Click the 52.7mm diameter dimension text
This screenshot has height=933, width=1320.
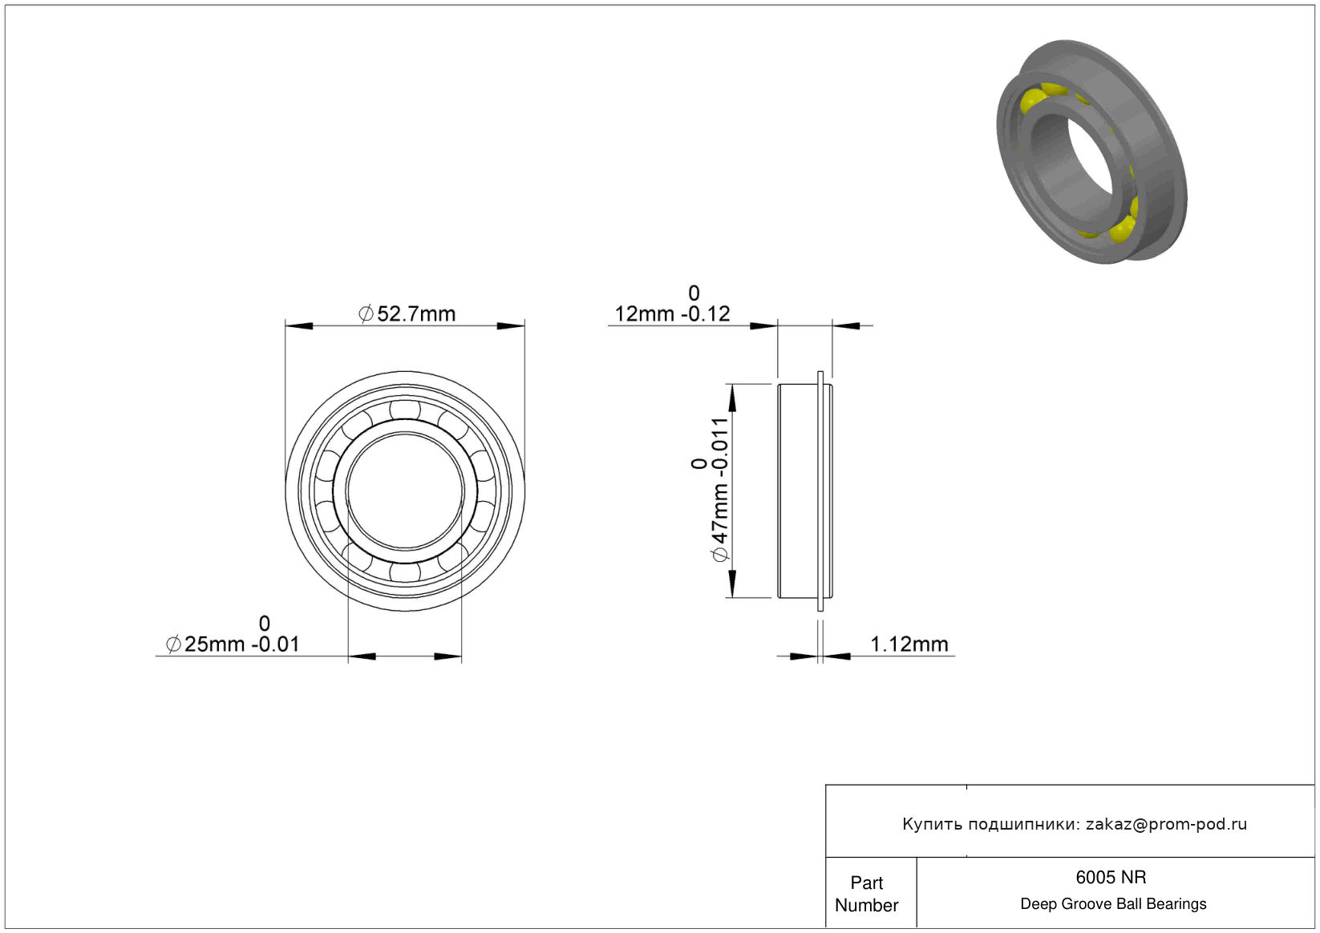point(407,314)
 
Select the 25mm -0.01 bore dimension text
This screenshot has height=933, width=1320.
point(233,644)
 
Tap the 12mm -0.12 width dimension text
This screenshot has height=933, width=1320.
point(672,314)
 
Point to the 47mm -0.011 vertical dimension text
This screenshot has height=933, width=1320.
point(720,490)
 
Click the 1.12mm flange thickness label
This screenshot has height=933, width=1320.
point(909,644)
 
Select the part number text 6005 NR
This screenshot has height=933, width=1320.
point(1111,878)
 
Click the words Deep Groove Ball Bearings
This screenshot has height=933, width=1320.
point(1113,904)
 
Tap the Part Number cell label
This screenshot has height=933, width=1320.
point(866,895)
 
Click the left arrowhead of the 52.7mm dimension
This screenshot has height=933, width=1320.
point(299,325)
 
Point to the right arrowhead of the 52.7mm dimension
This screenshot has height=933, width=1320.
point(510,325)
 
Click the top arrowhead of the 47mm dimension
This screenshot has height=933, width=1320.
point(732,398)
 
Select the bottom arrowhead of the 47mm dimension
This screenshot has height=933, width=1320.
point(732,584)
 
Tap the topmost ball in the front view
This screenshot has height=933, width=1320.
point(405,409)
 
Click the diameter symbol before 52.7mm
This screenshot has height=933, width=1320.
point(366,314)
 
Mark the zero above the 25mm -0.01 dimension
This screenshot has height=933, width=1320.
point(265,623)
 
